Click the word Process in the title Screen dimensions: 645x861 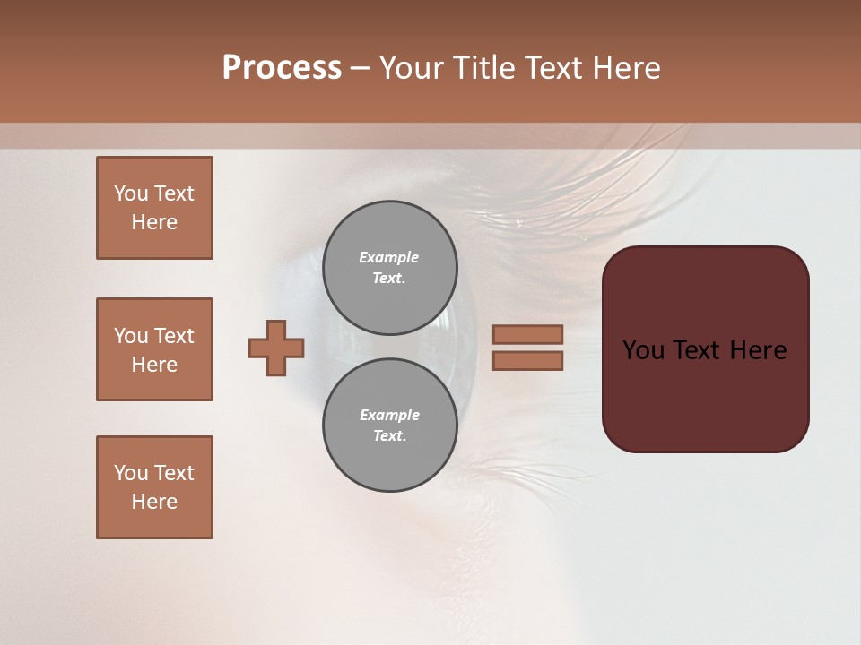tap(282, 68)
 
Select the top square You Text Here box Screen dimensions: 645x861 tap(154, 208)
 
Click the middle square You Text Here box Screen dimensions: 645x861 tap(154, 349)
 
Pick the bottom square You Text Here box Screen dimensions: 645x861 tap(154, 487)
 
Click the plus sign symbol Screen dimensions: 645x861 tap(276, 348)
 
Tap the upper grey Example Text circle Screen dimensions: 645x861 tap(389, 268)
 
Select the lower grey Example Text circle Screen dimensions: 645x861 tap(389, 426)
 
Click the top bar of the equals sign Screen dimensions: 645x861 tap(527, 334)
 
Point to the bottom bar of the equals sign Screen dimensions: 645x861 tap(527, 360)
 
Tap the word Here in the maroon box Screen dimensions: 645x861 tap(758, 350)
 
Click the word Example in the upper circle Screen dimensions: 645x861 tap(389, 257)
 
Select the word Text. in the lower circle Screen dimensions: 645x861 tap(389, 436)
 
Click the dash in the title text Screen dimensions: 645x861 tap(360, 69)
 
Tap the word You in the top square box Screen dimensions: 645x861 tap(131, 193)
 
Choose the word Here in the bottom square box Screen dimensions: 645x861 tap(154, 502)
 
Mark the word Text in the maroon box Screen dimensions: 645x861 tap(698, 350)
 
